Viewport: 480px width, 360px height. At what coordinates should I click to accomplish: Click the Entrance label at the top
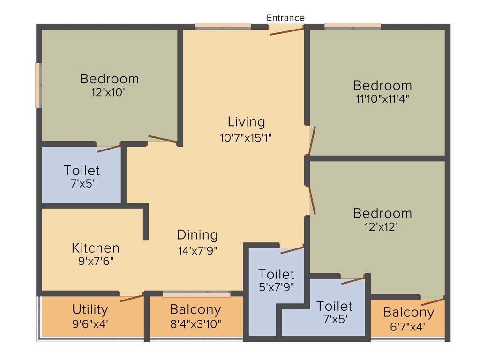[x=285, y=18]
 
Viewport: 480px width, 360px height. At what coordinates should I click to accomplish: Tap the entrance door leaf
[x=286, y=31]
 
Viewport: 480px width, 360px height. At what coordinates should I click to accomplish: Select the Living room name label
[x=246, y=122]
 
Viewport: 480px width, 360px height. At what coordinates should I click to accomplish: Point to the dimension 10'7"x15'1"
[x=246, y=137]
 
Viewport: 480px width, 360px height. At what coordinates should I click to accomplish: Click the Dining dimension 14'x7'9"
[x=197, y=250]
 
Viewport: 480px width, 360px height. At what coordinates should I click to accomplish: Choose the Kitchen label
[x=95, y=247]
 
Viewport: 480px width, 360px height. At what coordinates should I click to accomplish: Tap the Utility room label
[x=90, y=309]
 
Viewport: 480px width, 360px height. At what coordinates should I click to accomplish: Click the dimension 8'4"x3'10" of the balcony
[x=195, y=323]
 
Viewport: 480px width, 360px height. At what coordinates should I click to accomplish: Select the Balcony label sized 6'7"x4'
[x=408, y=312]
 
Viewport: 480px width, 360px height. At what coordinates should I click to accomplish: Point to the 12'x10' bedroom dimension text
[x=109, y=92]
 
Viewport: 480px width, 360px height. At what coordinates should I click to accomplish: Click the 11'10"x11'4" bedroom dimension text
[x=382, y=99]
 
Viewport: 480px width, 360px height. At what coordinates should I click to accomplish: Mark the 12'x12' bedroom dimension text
[x=382, y=226]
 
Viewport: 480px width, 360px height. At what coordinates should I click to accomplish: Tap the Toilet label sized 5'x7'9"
[x=276, y=274]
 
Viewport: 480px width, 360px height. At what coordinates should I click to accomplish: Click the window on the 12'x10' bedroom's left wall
[x=38, y=85]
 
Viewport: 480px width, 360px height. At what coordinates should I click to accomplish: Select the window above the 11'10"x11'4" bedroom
[x=352, y=26]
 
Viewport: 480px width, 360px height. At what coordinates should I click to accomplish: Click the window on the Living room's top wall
[x=223, y=26]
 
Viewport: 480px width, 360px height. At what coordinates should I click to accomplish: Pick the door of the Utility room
[x=132, y=298]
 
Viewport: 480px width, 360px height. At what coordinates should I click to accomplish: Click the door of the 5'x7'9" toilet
[x=292, y=250]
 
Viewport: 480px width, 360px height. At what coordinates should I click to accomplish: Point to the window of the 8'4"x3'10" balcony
[x=196, y=294]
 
